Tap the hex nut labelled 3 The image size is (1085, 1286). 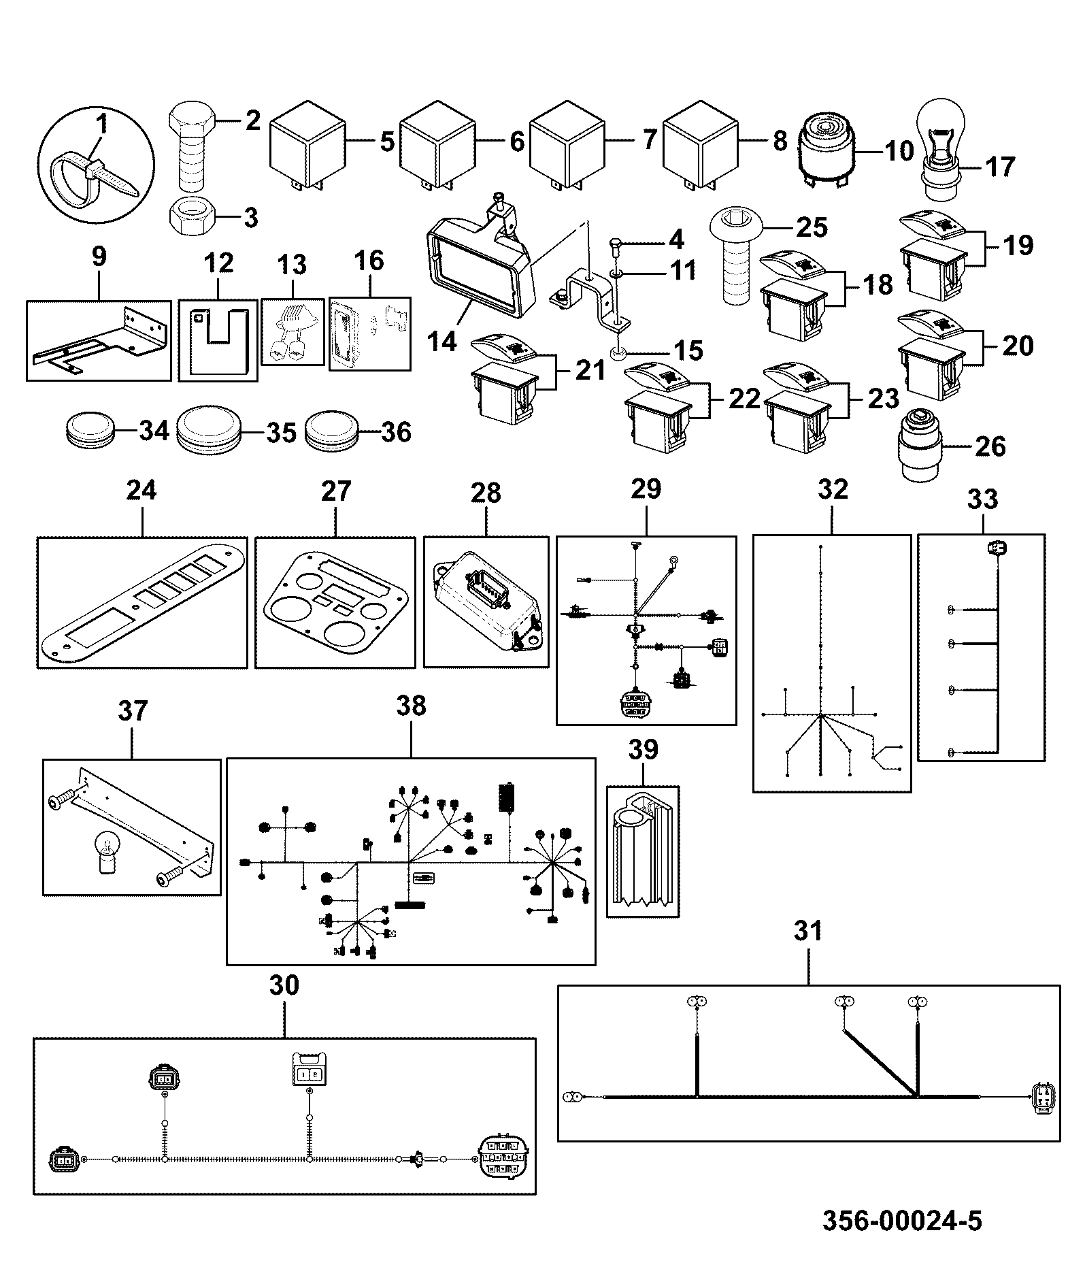coord(193,217)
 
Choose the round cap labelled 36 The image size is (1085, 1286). coord(329,430)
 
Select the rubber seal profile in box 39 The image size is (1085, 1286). coord(643,851)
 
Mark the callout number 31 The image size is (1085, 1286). coord(808,931)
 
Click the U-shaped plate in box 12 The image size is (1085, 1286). coord(218,340)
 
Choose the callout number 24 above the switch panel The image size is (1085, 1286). coord(141,490)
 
